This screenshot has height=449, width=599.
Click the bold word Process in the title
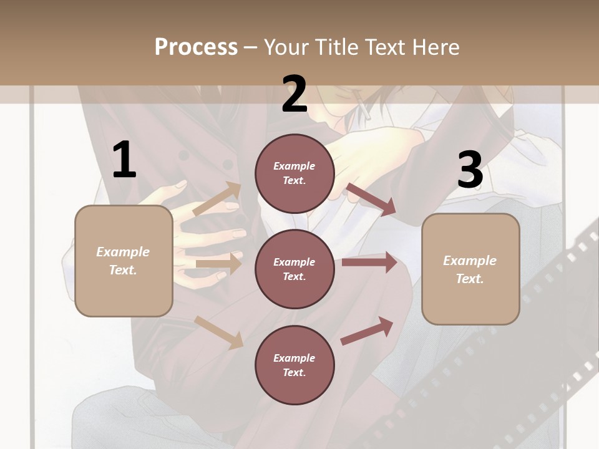pyautogui.click(x=196, y=47)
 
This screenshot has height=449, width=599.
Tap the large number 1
pyautogui.click(x=124, y=160)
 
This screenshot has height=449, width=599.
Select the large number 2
pyautogui.click(x=295, y=94)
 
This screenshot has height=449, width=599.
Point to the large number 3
pyautogui.click(x=470, y=170)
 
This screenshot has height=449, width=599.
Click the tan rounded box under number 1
pyautogui.click(x=124, y=261)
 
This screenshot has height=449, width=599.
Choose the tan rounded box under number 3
pyautogui.click(x=470, y=269)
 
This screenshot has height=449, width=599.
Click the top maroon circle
pyautogui.click(x=295, y=173)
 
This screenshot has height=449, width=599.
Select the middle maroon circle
pyautogui.click(x=295, y=269)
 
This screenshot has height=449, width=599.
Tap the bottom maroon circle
pyautogui.click(x=295, y=365)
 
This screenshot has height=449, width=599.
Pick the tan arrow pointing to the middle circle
pyautogui.click(x=218, y=264)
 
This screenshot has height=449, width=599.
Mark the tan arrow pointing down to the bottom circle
pyautogui.click(x=219, y=332)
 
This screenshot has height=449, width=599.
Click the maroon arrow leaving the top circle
pyautogui.click(x=371, y=199)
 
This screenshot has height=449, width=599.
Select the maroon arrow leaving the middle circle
pyautogui.click(x=369, y=263)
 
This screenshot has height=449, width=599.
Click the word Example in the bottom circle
pyautogui.click(x=295, y=358)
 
